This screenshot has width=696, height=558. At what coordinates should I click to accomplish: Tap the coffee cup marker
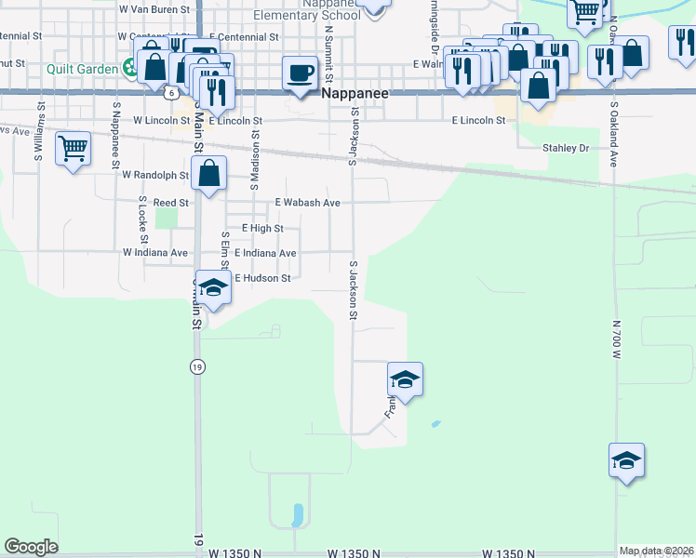tap(300, 73)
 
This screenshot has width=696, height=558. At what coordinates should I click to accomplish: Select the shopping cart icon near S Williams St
tap(73, 148)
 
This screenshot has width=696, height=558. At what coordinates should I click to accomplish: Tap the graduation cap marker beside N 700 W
tap(626, 461)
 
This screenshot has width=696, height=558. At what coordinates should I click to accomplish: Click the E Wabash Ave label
tap(307, 203)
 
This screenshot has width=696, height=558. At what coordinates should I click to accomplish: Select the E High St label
tap(262, 228)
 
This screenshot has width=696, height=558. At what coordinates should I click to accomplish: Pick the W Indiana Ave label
tap(155, 252)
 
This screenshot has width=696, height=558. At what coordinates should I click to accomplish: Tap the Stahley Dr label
tap(567, 148)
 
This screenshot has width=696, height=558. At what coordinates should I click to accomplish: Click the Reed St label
tap(170, 202)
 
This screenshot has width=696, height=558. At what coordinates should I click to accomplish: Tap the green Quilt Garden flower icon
tap(134, 69)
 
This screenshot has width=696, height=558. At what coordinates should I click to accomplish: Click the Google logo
tap(31, 547)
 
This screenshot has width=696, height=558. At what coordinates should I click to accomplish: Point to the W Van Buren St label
tap(154, 8)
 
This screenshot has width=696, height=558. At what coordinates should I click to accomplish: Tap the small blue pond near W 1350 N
tap(297, 512)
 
